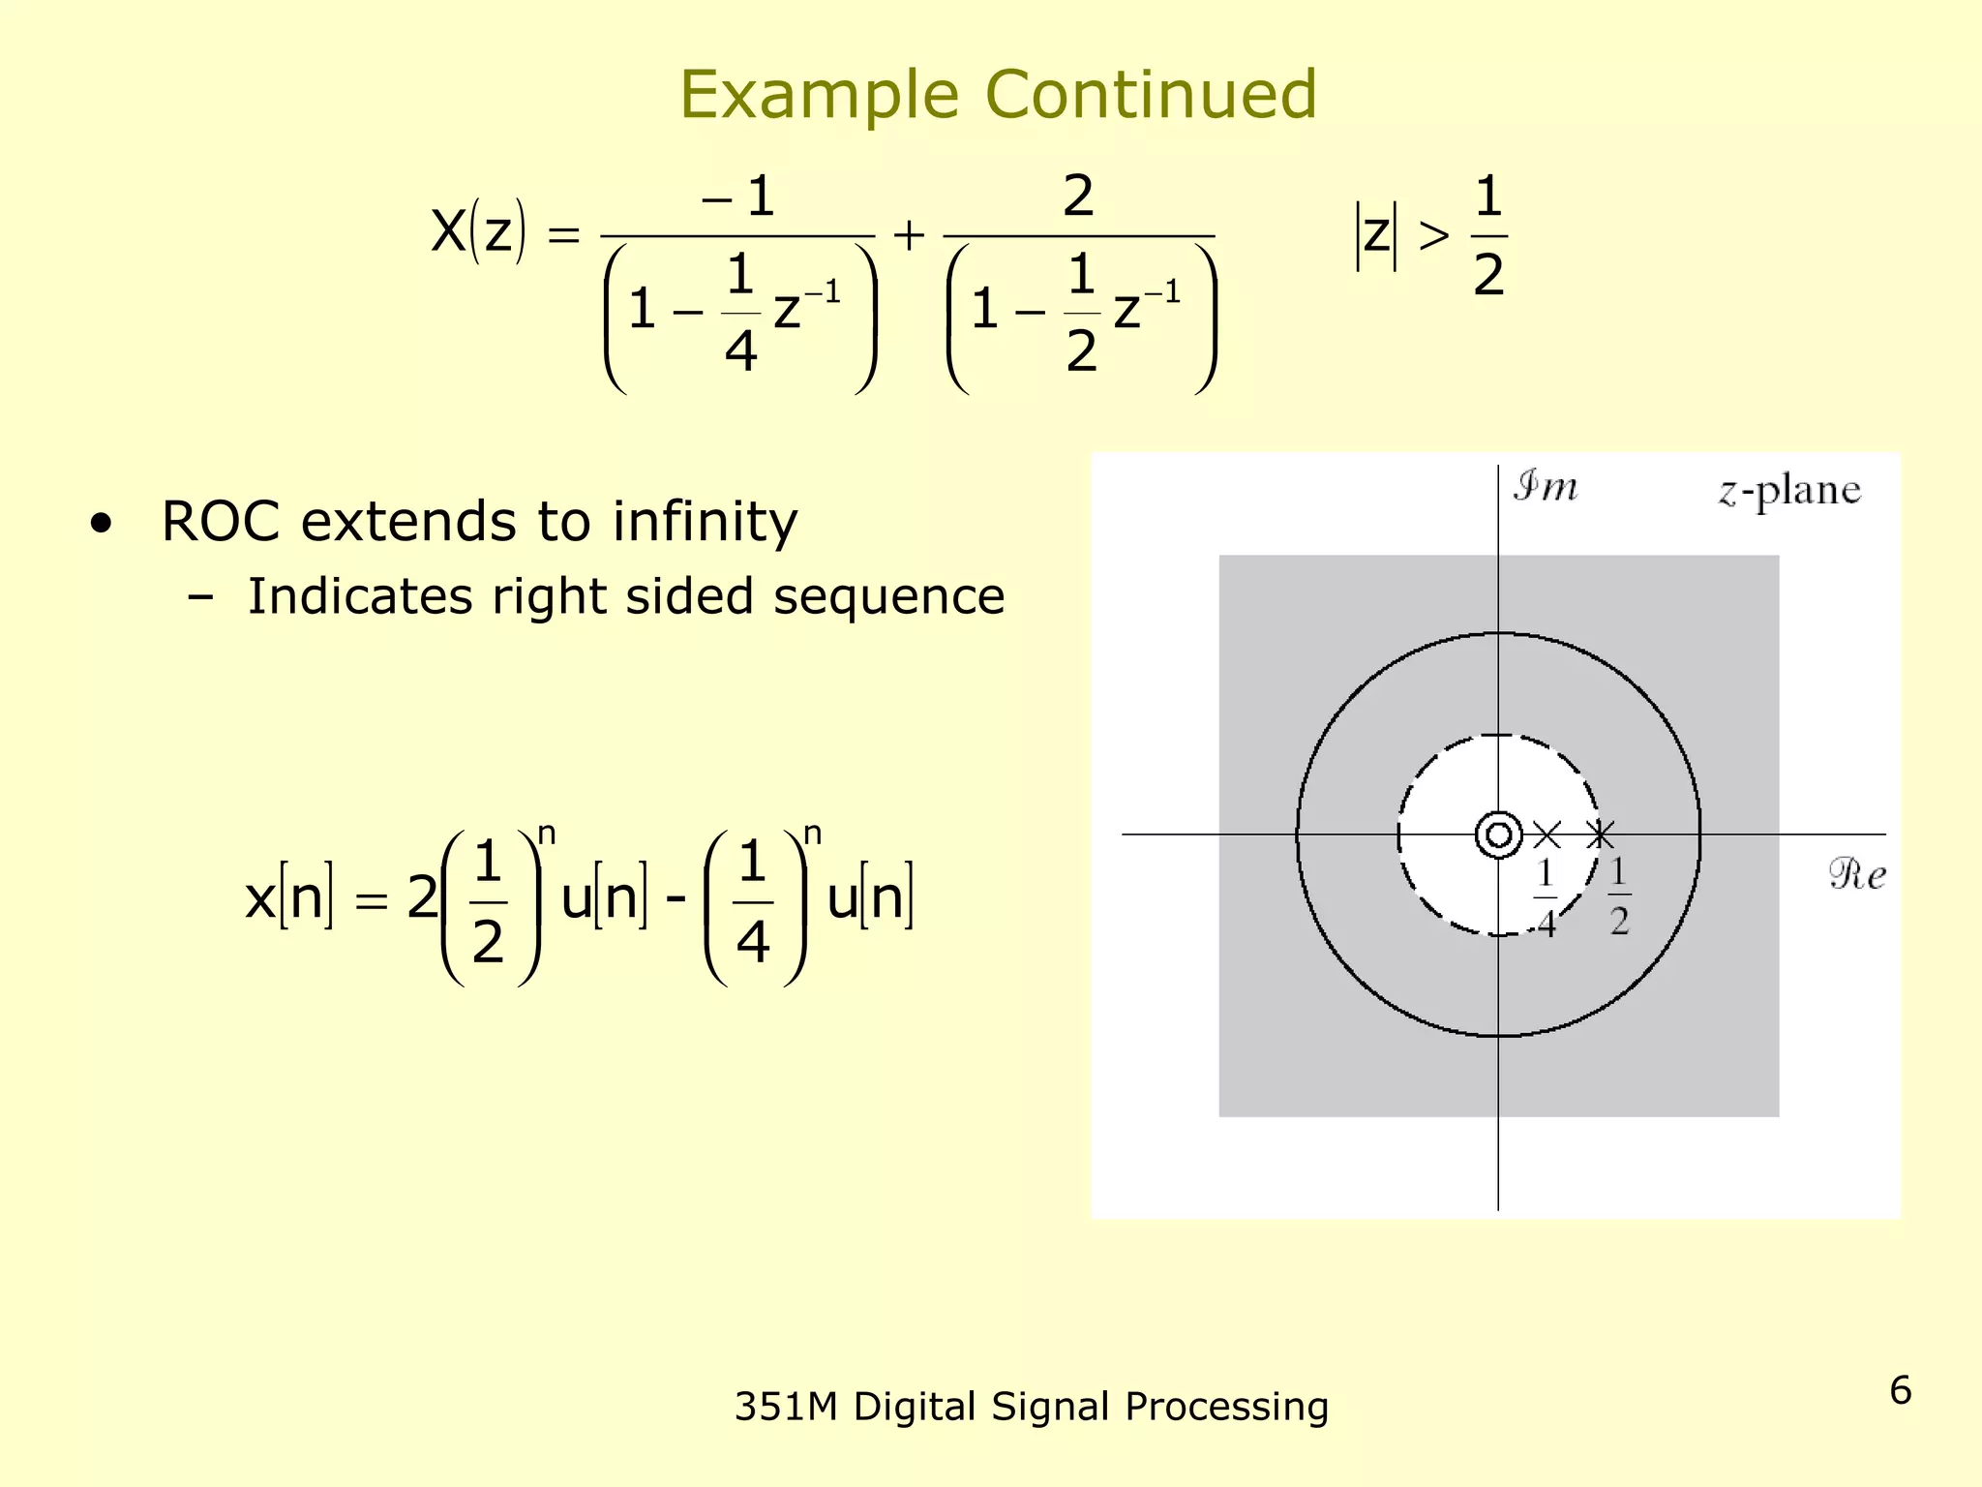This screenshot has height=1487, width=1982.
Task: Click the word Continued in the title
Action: click(x=1151, y=95)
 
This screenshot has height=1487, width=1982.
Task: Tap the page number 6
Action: click(x=1900, y=1390)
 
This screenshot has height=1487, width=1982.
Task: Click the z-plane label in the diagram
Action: click(x=1789, y=491)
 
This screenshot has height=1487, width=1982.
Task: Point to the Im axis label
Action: click(x=1546, y=486)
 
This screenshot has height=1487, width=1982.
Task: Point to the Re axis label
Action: click(x=1857, y=875)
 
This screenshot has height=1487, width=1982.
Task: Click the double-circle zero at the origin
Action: click(x=1498, y=835)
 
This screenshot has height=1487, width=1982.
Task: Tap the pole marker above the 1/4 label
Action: click(x=1547, y=835)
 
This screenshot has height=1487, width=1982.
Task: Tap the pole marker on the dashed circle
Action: click(x=1601, y=835)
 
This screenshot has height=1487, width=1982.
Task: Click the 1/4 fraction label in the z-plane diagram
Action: click(x=1546, y=898)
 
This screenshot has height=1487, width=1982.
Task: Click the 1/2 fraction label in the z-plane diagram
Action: click(x=1619, y=896)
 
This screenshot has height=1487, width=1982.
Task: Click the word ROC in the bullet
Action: click(x=220, y=522)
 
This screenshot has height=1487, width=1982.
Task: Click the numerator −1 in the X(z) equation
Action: click(x=739, y=197)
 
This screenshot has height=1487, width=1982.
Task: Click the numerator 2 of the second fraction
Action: click(x=1078, y=197)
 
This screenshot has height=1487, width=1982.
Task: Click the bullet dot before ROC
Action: click(x=101, y=525)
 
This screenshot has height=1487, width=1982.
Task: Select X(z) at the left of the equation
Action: click(x=478, y=232)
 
